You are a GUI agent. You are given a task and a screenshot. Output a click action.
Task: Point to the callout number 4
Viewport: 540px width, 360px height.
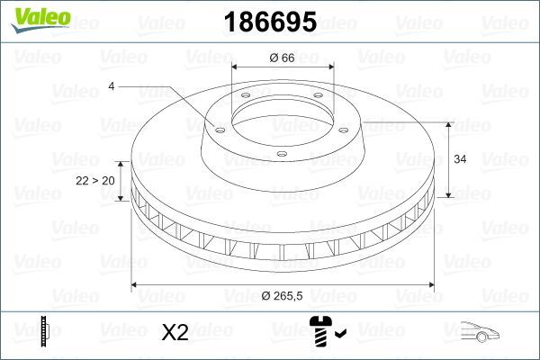point(112,86)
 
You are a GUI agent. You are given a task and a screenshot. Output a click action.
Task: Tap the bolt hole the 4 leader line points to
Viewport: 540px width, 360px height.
point(218,127)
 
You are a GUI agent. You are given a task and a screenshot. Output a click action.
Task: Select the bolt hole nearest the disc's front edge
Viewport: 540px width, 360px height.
point(281,155)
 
